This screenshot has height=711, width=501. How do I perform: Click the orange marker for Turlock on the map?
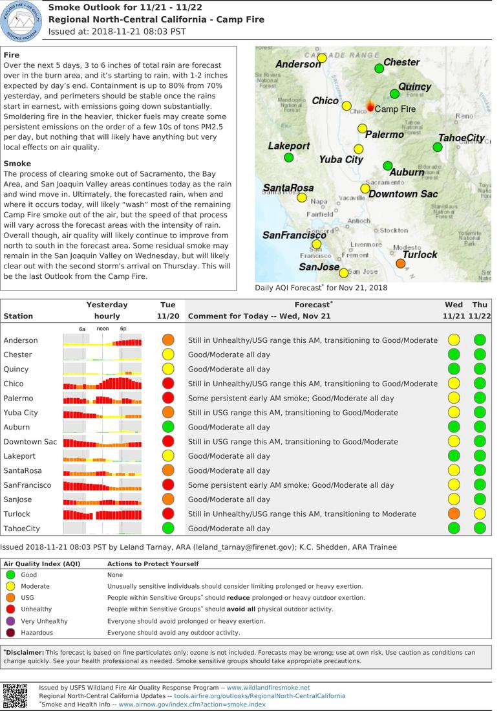click(401, 264)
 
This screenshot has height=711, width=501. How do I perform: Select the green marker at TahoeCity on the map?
click(438, 148)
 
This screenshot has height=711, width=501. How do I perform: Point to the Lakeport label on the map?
click(289, 146)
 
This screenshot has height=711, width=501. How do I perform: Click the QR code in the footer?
click(15, 695)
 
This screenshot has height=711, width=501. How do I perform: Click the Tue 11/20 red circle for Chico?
click(168, 384)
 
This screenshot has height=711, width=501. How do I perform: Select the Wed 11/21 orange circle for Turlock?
click(454, 514)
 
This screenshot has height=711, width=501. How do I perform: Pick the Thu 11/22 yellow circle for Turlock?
click(480, 514)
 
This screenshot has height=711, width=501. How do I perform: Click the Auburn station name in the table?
click(17, 427)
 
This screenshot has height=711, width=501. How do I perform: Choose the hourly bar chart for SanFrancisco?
click(102, 485)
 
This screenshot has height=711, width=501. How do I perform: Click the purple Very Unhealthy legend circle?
click(10, 621)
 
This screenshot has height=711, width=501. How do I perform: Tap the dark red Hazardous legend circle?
click(10, 633)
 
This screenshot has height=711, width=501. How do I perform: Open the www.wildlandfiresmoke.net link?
click(268, 688)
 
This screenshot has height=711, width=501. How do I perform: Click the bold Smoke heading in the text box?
click(17, 164)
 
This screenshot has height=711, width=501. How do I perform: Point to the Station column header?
click(18, 316)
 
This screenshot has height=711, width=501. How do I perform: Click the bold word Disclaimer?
click(25, 652)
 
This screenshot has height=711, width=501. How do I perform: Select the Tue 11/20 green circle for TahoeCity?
click(168, 528)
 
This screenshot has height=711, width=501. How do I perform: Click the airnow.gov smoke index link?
click(192, 705)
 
